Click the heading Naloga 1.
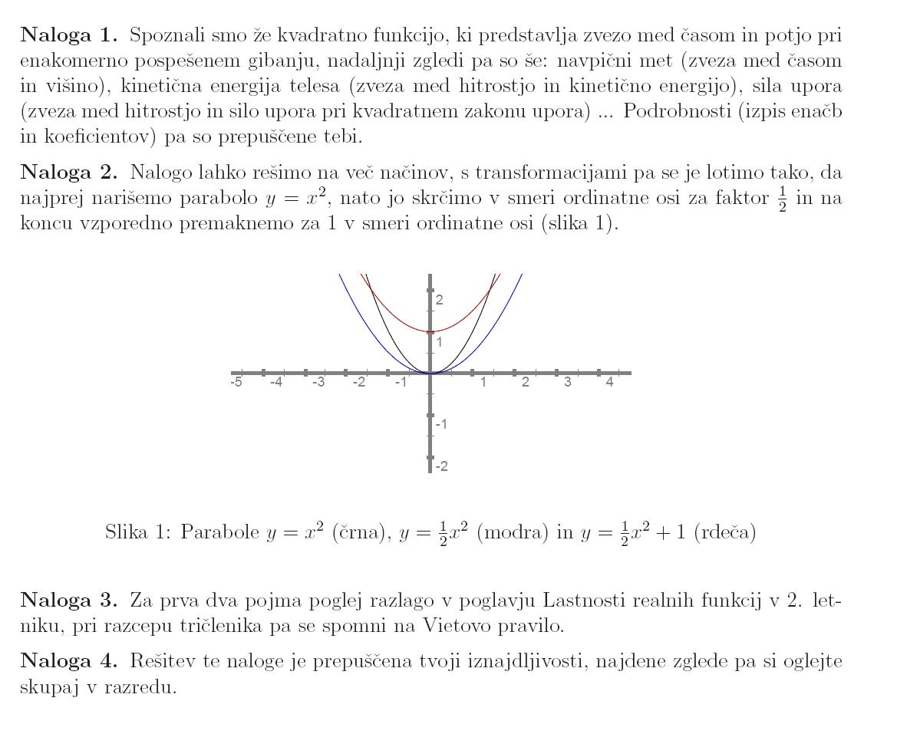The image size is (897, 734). [69, 35]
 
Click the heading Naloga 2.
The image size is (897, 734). [69, 173]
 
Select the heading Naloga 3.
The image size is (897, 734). [69, 599]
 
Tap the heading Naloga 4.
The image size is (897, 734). [69, 660]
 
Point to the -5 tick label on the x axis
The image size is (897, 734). [236, 383]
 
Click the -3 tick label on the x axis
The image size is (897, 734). [318, 383]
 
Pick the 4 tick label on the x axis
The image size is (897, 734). [610, 383]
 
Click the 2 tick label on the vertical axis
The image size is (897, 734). [440, 300]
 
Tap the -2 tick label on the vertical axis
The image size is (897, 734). [441, 466]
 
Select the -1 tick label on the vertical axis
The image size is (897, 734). [441, 424]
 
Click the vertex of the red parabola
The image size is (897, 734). [430, 331]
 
